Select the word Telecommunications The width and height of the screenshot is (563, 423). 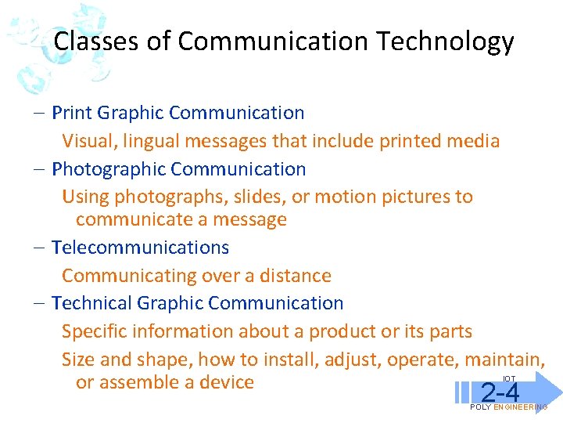pyautogui.click(x=140, y=248)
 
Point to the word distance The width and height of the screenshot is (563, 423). pyautogui.click(x=295, y=276)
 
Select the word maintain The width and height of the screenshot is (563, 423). pyautogui.click(x=504, y=360)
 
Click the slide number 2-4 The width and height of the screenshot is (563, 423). pyautogui.click(x=500, y=392)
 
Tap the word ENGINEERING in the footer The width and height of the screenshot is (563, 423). pyautogui.click(x=521, y=407)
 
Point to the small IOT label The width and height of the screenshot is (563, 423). pyautogui.click(x=509, y=379)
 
